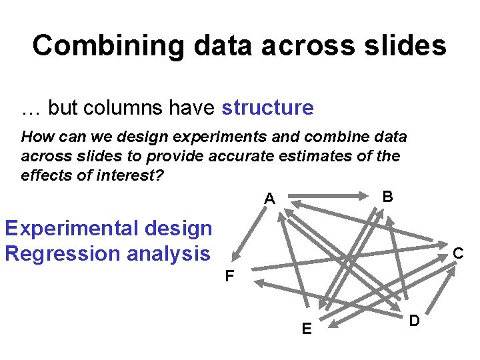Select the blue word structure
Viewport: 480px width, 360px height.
click(x=267, y=107)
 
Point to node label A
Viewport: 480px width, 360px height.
click(x=269, y=199)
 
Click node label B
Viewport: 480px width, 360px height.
click(x=387, y=197)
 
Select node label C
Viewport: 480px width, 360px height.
click(x=458, y=253)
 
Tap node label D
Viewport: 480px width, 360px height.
click(x=414, y=321)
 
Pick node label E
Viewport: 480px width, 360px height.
click(x=306, y=329)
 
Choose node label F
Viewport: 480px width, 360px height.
click(x=229, y=275)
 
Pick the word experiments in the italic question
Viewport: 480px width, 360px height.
click(x=213, y=137)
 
